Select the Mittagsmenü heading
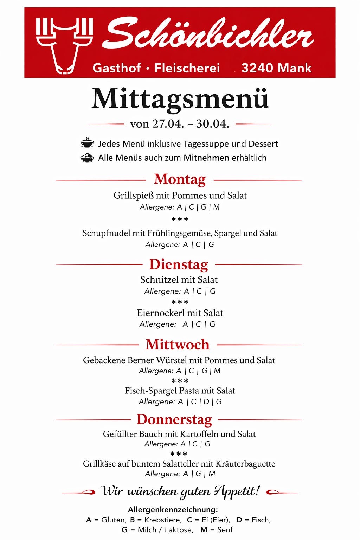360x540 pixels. [180, 99]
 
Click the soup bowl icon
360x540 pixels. [87, 143]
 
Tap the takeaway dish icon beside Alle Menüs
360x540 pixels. [87, 158]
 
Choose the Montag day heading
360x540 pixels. [180, 179]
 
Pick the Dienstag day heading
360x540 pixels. [179, 264]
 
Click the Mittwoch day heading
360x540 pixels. [178, 345]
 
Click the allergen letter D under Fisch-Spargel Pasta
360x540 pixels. [206, 401]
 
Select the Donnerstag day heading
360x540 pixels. [174, 419]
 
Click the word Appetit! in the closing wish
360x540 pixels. [237, 490]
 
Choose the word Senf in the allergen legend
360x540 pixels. [225, 530]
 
